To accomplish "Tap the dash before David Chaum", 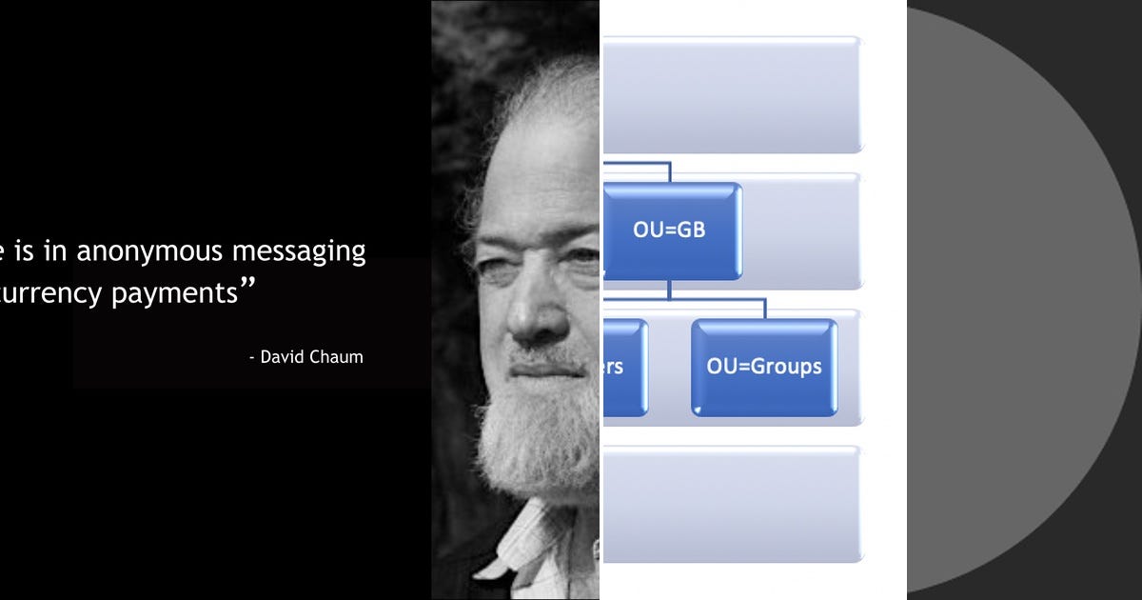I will pyautogui.click(x=252, y=358).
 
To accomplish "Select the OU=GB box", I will pyautogui.click(x=671, y=230).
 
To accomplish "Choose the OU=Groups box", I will pyautogui.click(x=764, y=367).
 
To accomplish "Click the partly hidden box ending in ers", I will pyautogui.click(x=624, y=367).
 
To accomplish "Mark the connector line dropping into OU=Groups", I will pyautogui.click(x=764, y=310).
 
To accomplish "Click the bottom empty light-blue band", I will pyautogui.click(x=733, y=503).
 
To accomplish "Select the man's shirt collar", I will pyautogui.click(x=533, y=543).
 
